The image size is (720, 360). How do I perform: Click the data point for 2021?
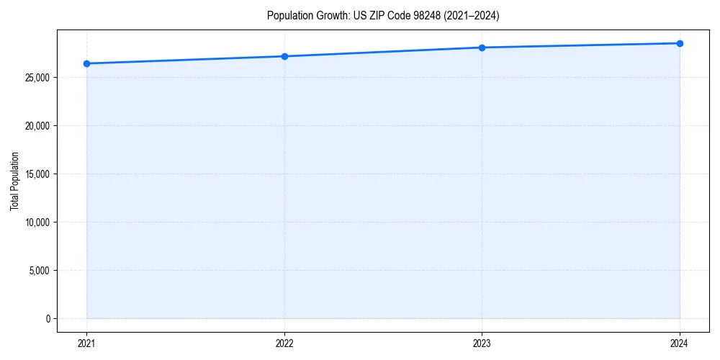click(87, 63)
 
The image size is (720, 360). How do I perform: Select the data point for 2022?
click(284, 56)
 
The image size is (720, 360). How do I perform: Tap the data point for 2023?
click(482, 48)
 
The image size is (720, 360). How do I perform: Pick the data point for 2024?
click(680, 43)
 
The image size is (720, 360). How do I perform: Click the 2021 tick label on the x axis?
click(87, 343)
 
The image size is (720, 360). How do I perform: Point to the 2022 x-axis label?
click(284, 343)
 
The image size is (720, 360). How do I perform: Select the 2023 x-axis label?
click(482, 343)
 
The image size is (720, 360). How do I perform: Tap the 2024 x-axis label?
click(680, 343)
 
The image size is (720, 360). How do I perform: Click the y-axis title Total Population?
click(14, 181)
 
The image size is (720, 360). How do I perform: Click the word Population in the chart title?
click(287, 15)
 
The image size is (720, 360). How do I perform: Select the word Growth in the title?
click(328, 15)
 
